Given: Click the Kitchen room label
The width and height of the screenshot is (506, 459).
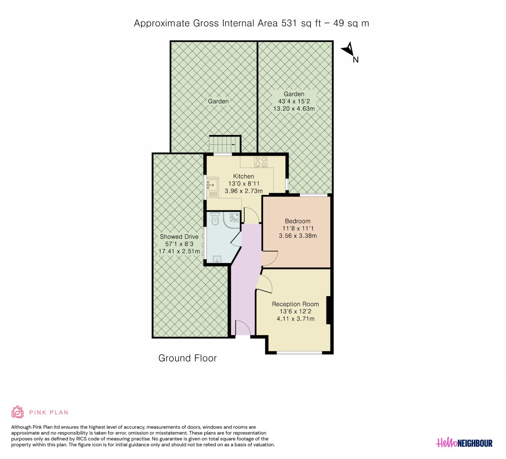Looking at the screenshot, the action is (243, 176).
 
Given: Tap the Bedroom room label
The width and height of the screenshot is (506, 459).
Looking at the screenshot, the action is (298, 221).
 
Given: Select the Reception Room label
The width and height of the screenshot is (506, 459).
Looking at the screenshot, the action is (295, 304).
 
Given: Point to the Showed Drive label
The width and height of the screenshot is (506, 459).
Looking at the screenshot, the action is (179, 237).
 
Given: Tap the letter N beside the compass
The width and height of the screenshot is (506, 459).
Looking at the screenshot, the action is (356, 60).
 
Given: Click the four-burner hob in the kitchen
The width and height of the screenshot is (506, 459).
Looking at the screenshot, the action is (261, 162).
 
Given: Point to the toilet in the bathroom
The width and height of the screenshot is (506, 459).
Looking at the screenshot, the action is (215, 219).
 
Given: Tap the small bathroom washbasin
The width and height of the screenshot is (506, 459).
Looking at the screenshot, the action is (217, 259).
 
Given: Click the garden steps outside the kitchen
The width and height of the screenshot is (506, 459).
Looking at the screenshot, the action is (225, 144).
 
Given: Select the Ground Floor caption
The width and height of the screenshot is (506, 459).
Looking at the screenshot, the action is (187, 358).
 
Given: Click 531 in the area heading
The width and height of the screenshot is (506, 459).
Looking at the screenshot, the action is (289, 23).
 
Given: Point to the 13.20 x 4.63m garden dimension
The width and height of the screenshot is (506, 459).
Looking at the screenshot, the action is (294, 109).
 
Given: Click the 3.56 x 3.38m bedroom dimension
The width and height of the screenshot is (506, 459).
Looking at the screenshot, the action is (298, 236).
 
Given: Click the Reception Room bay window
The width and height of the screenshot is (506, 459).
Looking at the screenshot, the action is (299, 353).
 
